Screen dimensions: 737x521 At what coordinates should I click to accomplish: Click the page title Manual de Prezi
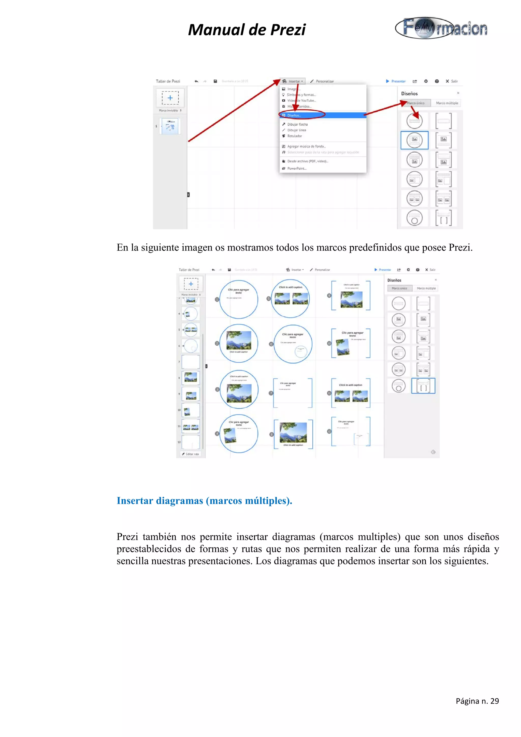click(247, 30)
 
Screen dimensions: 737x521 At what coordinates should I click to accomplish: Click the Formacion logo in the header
click(441, 28)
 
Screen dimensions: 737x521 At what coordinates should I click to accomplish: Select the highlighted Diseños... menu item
click(294, 115)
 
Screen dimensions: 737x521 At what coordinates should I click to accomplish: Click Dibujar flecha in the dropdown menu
click(297, 124)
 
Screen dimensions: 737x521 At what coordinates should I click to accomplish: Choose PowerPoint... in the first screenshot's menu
click(297, 168)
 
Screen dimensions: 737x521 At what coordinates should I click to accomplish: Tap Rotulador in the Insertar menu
click(294, 136)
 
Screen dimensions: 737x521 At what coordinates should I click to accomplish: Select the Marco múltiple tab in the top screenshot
click(447, 103)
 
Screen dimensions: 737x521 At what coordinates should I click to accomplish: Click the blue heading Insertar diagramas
click(204, 500)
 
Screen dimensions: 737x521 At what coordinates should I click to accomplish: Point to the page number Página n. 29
click(477, 701)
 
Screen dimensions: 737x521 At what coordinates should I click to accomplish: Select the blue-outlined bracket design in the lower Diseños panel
click(423, 386)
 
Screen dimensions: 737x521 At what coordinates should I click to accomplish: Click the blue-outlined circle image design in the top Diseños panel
click(414, 140)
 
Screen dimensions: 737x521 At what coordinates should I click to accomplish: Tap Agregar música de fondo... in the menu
click(306, 146)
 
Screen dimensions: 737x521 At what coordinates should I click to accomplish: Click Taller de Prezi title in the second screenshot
click(189, 270)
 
